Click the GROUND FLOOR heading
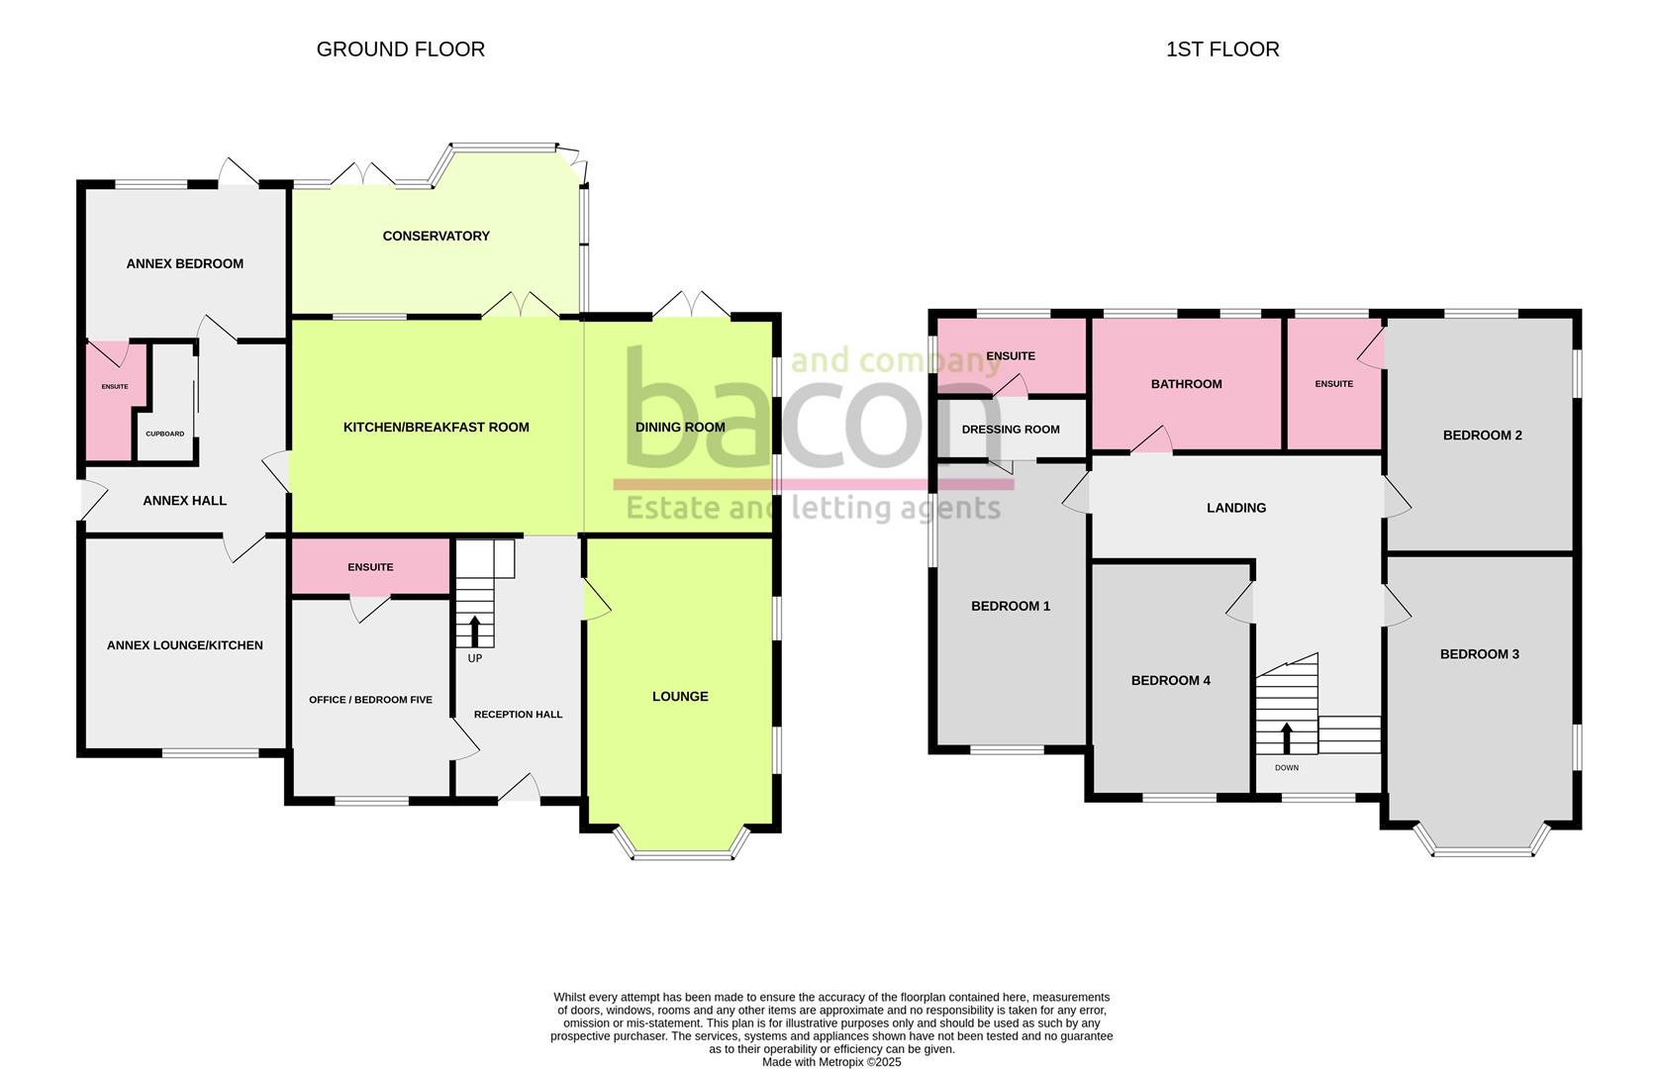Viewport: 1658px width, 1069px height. (400, 49)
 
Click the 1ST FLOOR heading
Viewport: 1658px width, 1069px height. (1221, 49)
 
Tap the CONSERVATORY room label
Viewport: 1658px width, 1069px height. (436, 236)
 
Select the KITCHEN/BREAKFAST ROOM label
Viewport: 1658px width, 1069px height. (436, 428)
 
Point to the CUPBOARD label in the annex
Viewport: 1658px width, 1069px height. (164, 434)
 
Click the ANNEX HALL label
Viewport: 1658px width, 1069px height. (184, 501)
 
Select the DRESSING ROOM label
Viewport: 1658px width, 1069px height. (1010, 430)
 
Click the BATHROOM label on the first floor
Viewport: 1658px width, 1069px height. (1186, 384)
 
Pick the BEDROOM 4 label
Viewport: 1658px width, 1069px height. (1170, 680)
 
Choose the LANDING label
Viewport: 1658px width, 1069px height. (1235, 508)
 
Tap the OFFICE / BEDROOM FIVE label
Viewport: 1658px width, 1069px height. (370, 700)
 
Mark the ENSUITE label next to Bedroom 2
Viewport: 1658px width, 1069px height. (1333, 384)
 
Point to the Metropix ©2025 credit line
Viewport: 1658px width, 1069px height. (830, 1062)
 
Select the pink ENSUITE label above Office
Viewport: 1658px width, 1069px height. (370, 567)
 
